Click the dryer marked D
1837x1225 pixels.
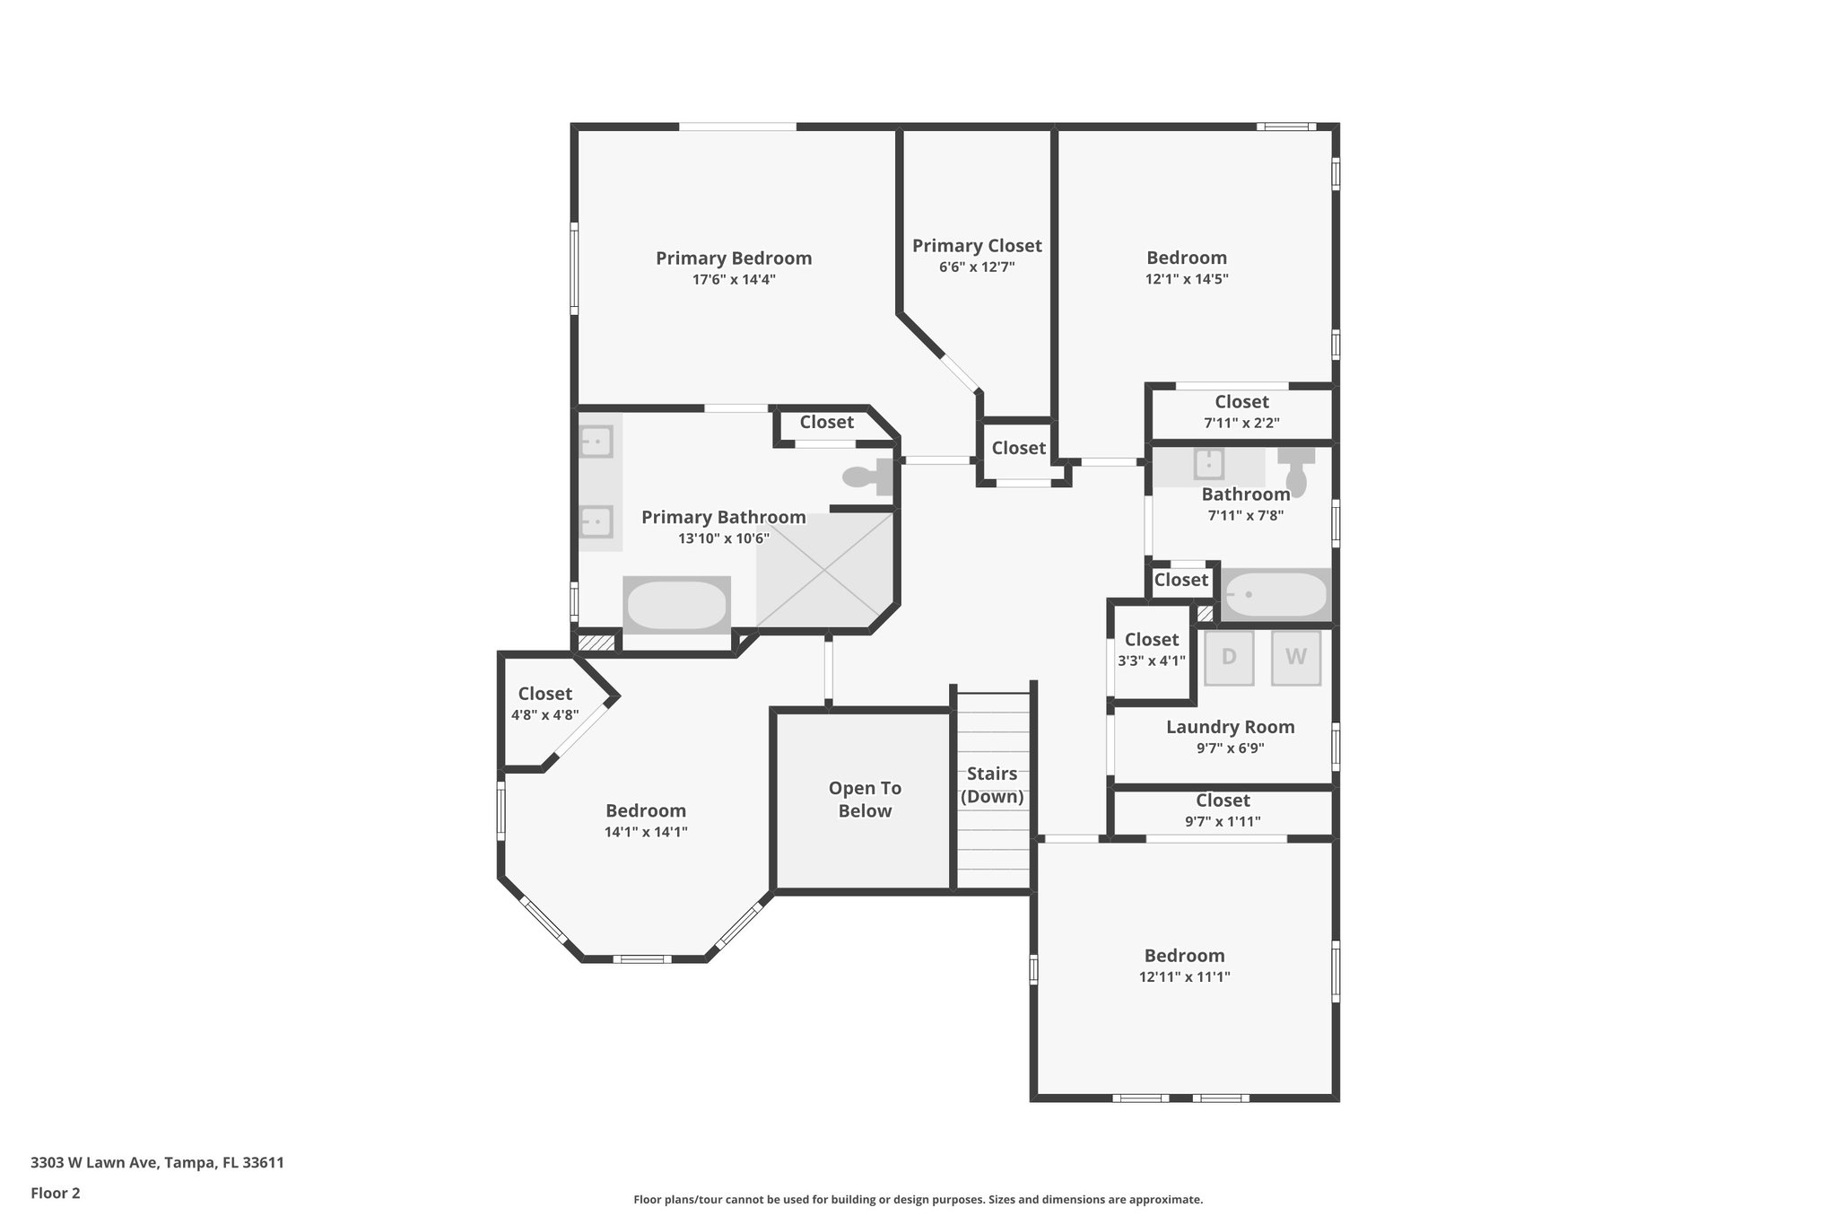click(1228, 658)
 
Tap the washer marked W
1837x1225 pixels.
click(1296, 658)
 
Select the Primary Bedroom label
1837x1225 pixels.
click(734, 258)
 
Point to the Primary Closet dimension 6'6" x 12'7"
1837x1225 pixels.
click(977, 267)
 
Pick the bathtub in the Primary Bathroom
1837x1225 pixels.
click(676, 605)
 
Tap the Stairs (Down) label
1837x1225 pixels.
click(992, 785)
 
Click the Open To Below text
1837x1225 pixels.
click(865, 800)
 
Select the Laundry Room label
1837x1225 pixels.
click(1230, 727)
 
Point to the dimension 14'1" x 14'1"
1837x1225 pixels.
click(646, 832)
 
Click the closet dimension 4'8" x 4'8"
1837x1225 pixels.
click(545, 715)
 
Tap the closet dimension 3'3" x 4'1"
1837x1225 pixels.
click(1152, 661)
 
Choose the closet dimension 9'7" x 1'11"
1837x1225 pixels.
click(1223, 821)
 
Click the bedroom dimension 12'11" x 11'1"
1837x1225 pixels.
click(1184, 977)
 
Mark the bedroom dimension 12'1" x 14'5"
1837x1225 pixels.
click(1187, 279)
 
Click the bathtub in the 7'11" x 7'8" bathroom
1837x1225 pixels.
click(1275, 594)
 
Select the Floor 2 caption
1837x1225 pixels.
click(56, 1194)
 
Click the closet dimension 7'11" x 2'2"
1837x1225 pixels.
click(1241, 423)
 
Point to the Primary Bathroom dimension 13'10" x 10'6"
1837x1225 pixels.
click(724, 538)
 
